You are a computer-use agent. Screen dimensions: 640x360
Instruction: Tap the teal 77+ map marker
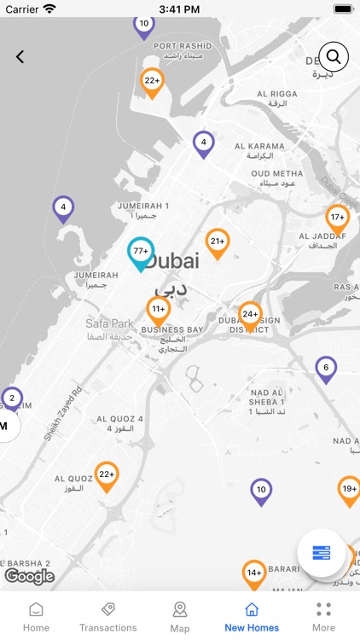(x=141, y=252)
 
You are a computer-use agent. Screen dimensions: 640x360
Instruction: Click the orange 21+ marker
(x=218, y=242)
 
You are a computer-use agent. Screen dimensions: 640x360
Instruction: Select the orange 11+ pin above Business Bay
(x=158, y=310)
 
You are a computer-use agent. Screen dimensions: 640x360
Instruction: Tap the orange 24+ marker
(x=250, y=315)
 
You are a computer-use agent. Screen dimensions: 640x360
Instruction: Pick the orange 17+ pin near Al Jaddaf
(x=337, y=218)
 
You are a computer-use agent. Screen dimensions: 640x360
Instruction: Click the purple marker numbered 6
(x=324, y=369)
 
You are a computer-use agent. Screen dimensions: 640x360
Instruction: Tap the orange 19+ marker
(x=349, y=490)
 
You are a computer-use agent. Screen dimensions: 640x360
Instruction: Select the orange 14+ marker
(x=254, y=573)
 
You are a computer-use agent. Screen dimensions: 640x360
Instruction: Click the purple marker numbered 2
(x=12, y=399)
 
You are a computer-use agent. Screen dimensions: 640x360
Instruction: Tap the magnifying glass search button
(x=334, y=57)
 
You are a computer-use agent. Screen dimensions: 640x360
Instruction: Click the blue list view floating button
(x=321, y=553)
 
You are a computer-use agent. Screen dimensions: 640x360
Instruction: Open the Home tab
(x=36, y=616)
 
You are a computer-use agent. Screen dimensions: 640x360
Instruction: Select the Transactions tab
(x=107, y=616)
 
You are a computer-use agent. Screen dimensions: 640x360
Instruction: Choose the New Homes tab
(x=252, y=616)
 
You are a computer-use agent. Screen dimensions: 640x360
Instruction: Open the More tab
(x=323, y=616)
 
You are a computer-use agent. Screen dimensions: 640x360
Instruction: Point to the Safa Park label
(x=110, y=323)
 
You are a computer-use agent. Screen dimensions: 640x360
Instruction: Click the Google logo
(x=30, y=577)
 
